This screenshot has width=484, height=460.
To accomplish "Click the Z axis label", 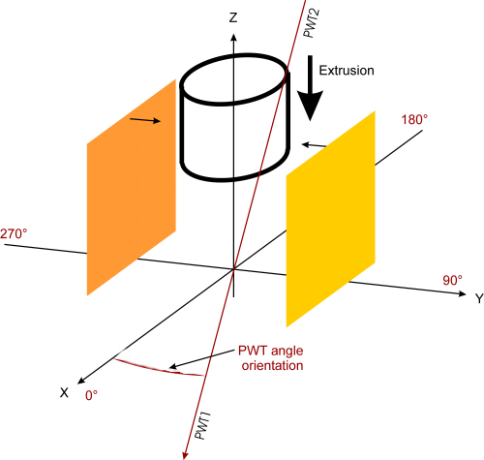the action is coord(233,17).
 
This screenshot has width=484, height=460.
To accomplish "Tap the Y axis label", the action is coord(479,298).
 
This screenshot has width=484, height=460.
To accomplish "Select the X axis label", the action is coord(64,392).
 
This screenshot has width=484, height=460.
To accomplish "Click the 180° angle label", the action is coord(414,120).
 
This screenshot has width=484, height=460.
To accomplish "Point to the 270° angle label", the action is coord(14,233).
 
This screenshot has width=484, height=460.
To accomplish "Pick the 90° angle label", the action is coord(452,280).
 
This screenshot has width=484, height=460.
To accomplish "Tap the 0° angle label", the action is coord(91,395).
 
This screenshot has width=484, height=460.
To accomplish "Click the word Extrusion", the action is coord(347,71).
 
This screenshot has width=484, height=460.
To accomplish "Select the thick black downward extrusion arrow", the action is coord(310,88).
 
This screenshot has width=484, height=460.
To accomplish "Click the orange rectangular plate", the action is coord(132,187).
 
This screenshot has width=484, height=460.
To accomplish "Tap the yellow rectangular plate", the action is coord(331,219).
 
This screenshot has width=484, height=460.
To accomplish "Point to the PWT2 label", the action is coord(312,23).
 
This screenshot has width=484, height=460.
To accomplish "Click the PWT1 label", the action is coord(202,425).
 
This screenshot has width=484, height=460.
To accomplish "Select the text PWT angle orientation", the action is coord(271,358).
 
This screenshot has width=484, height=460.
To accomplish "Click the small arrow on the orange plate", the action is coord(145,120).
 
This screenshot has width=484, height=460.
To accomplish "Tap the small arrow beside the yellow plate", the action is coord(314,145).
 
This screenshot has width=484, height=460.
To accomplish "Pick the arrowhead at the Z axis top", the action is coord(233,37).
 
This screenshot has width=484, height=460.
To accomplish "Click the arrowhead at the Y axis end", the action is coord(463,293).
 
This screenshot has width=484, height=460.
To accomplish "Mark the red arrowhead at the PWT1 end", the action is coord(185,455).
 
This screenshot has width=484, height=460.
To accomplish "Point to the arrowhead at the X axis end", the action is coord(80,381).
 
